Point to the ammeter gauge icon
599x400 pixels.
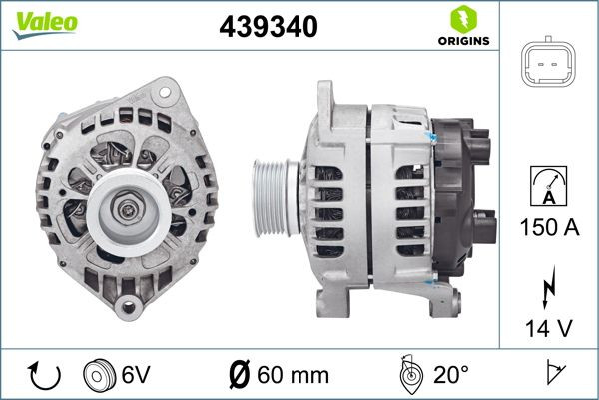click(x=548, y=188)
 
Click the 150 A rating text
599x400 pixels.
click(x=548, y=227)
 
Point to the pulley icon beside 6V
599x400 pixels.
click(x=100, y=375)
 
